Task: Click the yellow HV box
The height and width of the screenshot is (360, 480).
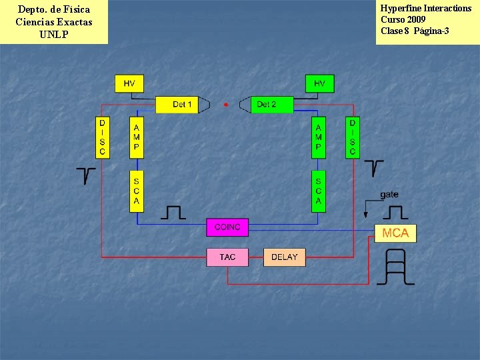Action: (129, 83)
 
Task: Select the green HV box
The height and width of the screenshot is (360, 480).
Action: (319, 83)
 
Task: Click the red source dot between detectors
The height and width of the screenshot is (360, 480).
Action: (226, 105)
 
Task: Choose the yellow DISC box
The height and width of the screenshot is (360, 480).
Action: (102, 138)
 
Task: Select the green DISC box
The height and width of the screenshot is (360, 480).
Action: (353, 138)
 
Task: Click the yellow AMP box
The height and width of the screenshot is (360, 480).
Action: (137, 138)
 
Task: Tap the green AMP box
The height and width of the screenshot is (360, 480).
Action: (319, 138)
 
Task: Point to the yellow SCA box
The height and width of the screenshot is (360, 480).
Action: (137, 191)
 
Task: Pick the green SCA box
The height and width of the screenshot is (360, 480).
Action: (319, 191)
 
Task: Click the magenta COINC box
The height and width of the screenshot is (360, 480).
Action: (227, 227)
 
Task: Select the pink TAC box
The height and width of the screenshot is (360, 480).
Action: (227, 257)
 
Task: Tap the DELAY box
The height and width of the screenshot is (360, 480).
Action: (285, 257)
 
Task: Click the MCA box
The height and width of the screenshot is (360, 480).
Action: (396, 233)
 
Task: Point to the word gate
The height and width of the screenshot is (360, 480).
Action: (389, 195)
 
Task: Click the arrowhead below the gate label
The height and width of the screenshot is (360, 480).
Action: (365, 215)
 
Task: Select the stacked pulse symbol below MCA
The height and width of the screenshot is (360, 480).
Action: (395, 267)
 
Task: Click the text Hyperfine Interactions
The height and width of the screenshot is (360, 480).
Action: (425, 9)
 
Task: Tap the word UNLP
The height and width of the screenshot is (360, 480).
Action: (54, 35)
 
